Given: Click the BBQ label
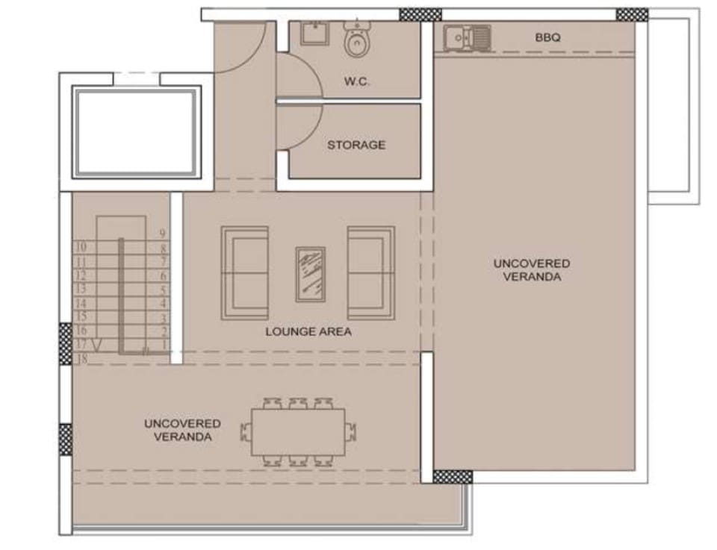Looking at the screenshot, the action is click(547, 37).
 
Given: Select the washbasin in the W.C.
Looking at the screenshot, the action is click(314, 33).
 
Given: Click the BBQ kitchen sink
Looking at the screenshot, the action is click(466, 37).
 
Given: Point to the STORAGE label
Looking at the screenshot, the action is click(356, 146).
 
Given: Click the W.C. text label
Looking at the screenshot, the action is click(357, 82).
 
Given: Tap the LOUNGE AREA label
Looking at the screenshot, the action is click(308, 331).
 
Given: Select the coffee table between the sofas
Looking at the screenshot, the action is click(311, 275).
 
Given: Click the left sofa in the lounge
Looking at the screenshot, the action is click(245, 273).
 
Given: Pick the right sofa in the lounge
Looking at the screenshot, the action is click(371, 273).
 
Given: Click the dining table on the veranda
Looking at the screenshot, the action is click(298, 432).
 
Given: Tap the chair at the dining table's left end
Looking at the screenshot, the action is click(246, 432).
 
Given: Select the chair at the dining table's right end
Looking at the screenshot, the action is click(350, 432).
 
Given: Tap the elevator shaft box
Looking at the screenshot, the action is click(136, 131).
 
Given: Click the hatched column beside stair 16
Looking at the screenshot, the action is click(66, 343).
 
